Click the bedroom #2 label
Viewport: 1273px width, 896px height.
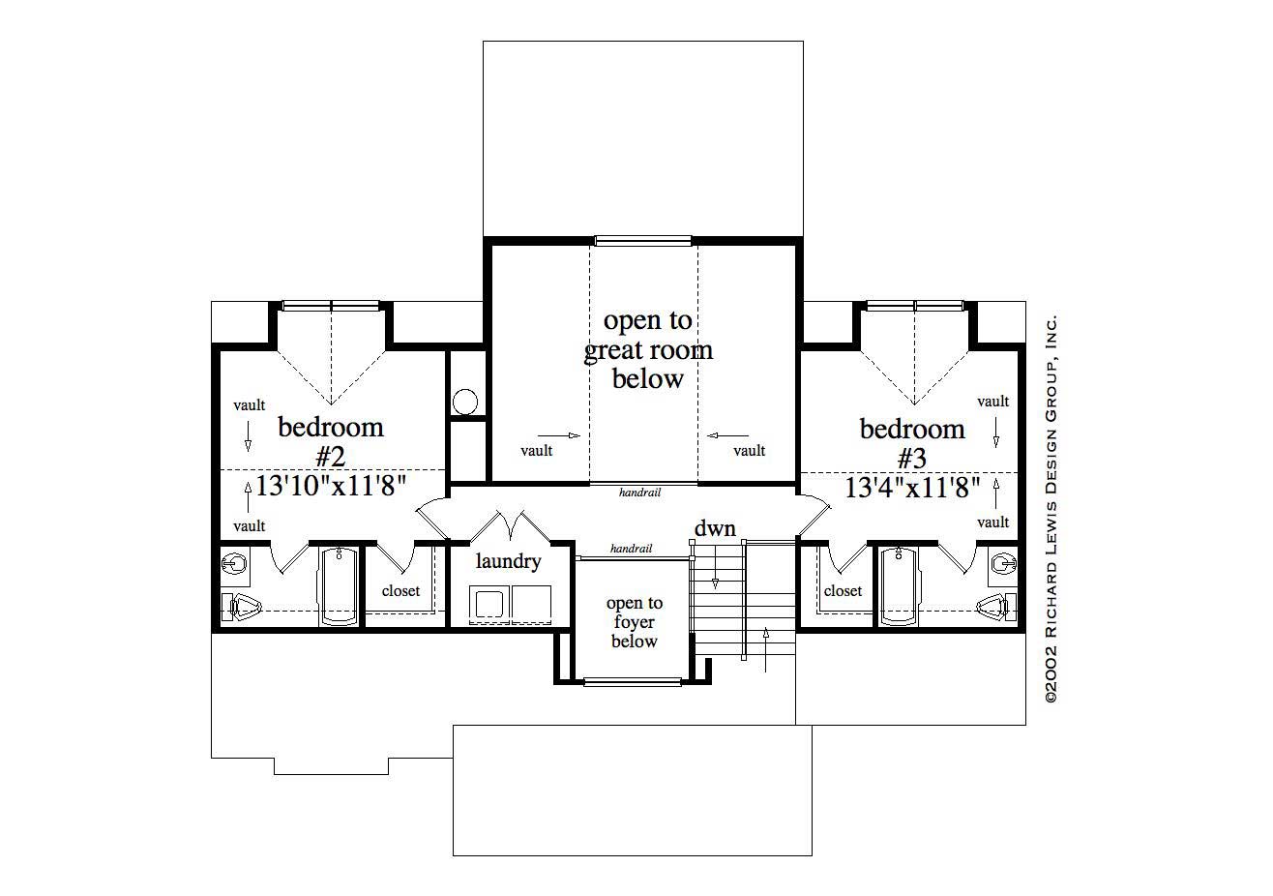click(331, 440)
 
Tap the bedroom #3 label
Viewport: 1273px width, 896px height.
click(912, 441)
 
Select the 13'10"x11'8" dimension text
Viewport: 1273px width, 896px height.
click(331, 485)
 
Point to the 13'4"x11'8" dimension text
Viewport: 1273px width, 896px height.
click(912, 487)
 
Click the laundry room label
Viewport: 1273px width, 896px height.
click(508, 561)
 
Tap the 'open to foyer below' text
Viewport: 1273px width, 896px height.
click(635, 621)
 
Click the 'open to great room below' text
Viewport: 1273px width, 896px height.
click(648, 349)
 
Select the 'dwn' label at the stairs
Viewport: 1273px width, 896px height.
click(715, 529)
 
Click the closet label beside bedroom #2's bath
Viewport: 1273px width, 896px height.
click(400, 590)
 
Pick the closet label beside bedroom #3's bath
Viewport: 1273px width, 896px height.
click(843, 590)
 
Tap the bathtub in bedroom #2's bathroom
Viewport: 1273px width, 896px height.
click(339, 586)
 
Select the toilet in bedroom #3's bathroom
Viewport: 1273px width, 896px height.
click(997, 607)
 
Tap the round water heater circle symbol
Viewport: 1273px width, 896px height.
click(466, 402)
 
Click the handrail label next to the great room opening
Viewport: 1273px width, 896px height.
click(639, 493)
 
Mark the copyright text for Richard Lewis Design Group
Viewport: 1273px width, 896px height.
click(1051, 509)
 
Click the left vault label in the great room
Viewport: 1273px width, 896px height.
click(536, 450)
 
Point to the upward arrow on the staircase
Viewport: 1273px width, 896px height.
click(765, 648)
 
